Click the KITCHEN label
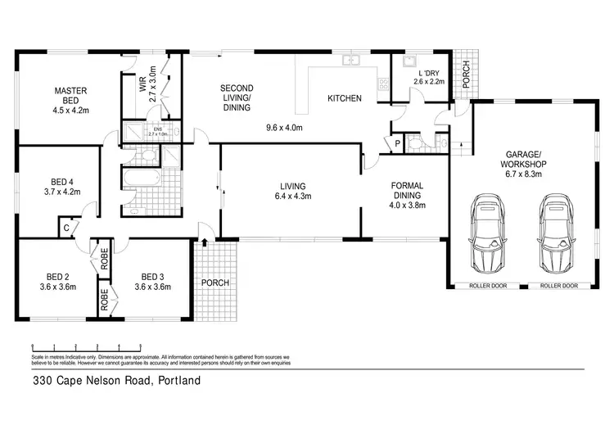[344, 98]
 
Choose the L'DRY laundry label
[427, 75]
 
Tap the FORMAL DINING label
[406, 190]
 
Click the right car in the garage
[553, 235]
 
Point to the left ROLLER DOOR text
[489, 286]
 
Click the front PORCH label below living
[215, 283]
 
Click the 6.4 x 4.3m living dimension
[292, 197]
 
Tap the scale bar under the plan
[86, 347]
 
